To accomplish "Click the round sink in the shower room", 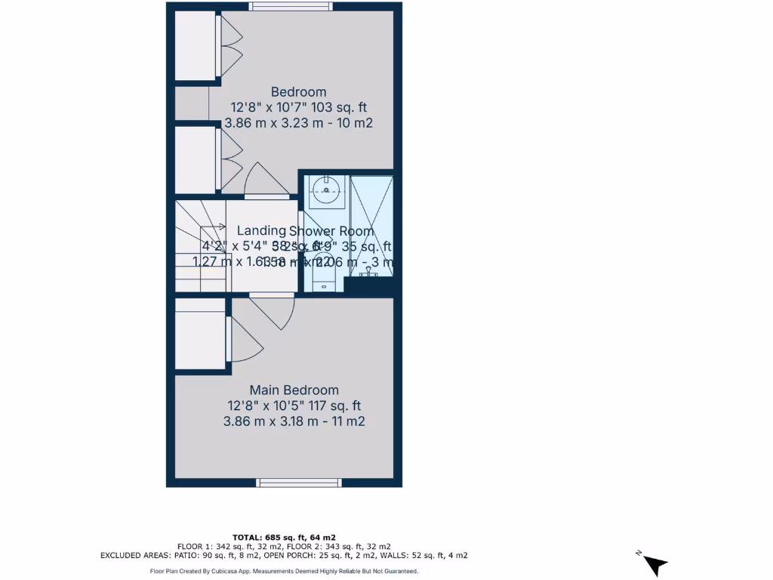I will tap(326, 190).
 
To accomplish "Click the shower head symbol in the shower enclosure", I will tap(369, 270).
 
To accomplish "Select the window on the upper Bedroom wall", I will tap(291, 7).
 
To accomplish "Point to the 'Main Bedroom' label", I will tap(294, 390).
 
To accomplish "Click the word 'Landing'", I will tap(261, 230).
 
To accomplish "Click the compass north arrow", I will tap(654, 563).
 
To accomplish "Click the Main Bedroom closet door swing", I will tap(242, 340).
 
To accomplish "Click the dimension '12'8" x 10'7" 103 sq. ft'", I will tap(299, 107).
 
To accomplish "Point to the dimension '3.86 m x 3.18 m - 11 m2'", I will tap(294, 421).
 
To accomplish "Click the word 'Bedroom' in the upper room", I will tap(299, 92).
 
